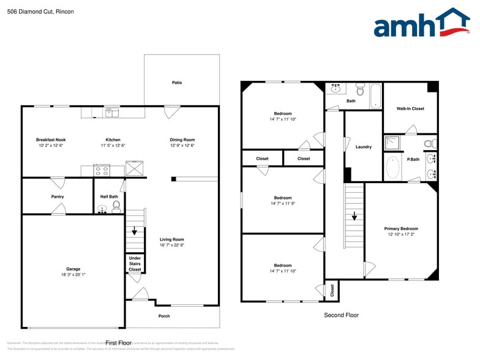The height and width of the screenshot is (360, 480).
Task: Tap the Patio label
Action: click(x=176, y=83)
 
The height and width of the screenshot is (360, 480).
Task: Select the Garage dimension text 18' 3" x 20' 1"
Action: click(x=73, y=275)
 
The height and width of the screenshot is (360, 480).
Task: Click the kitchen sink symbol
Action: click(x=111, y=111)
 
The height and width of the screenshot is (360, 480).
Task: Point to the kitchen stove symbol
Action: click(x=100, y=170)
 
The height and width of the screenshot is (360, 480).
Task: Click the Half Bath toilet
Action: click(x=116, y=206)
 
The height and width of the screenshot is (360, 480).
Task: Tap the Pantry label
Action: click(x=58, y=197)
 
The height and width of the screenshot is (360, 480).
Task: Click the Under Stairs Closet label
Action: click(x=135, y=264)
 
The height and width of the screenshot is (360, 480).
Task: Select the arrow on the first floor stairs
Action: click(x=135, y=231)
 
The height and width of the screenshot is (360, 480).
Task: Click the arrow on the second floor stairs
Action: click(x=354, y=216)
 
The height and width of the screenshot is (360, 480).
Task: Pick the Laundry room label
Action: click(x=364, y=147)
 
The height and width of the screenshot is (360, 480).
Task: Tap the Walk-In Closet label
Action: click(x=410, y=108)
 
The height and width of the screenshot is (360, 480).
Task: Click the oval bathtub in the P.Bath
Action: click(x=392, y=167)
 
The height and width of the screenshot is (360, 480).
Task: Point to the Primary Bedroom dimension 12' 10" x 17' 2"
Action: click(x=401, y=234)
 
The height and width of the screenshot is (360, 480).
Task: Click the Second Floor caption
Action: click(x=341, y=315)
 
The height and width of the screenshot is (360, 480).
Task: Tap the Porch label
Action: click(x=164, y=316)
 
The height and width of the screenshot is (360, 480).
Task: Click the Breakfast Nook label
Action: click(x=51, y=140)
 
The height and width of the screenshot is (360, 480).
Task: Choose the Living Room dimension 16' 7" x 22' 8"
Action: click(x=172, y=245)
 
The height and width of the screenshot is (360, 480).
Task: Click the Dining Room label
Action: click(x=182, y=140)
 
